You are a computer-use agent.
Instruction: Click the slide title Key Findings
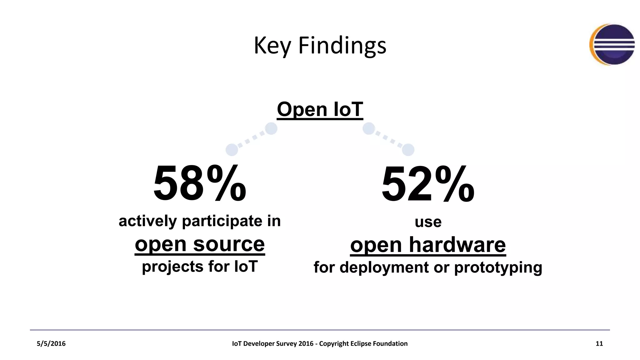[320, 46]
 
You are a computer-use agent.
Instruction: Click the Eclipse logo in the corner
[612, 45]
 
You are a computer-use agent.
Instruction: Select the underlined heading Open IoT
[320, 109]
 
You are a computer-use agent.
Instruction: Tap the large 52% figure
[428, 184]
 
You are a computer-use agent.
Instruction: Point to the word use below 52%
[428, 222]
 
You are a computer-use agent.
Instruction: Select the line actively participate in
[200, 221]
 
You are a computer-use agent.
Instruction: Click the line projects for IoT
[200, 267]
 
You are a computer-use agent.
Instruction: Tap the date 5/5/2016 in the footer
[51, 344]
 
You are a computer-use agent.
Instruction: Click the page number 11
[599, 344]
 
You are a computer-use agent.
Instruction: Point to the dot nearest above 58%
[232, 150]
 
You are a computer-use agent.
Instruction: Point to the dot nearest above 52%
[408, 150]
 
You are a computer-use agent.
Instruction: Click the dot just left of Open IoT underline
[271, 128]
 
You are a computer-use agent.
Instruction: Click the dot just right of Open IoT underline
[369, 128]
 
